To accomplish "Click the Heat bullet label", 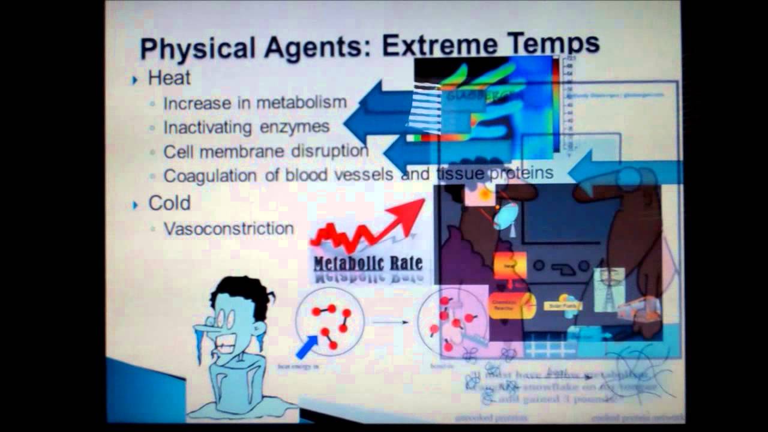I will (x=170, y=78).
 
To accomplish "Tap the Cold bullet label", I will (x=169, y=203).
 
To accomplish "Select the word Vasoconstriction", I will (x=229, y=229).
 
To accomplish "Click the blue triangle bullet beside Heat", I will (x=136, y=79).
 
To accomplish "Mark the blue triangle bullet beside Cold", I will (x=136, y=205).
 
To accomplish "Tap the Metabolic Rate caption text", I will (x=368, y=263).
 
